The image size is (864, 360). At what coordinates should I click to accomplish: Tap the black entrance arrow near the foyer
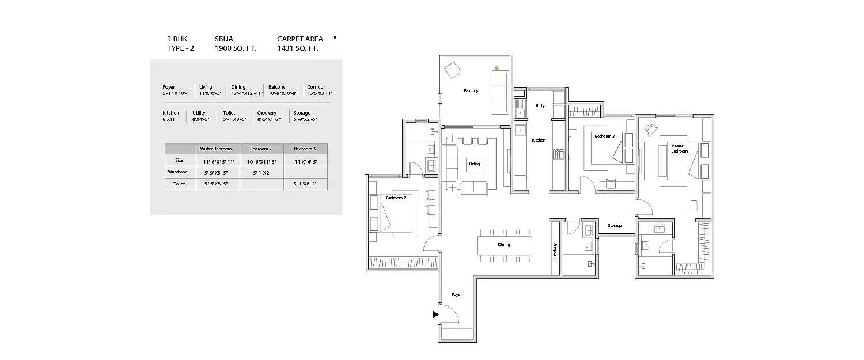coord(436,314)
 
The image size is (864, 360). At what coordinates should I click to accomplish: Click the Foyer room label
coord(457,295)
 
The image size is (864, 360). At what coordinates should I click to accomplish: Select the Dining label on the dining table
coord(504,245)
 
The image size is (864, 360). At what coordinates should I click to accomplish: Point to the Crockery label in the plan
coord(555,251)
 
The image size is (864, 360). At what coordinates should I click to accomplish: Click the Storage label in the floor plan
coord(615,226)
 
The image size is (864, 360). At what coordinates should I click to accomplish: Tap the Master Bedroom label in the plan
coord(679,149)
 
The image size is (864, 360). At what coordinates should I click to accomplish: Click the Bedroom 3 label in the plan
coord(604,137)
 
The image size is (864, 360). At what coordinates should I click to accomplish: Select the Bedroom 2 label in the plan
coord(396,198)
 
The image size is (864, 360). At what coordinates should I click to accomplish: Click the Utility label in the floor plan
coord(539,106)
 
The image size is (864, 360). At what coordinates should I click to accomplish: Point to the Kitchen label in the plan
coord(539,140)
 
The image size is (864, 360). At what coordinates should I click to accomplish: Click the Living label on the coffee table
coord(474,164)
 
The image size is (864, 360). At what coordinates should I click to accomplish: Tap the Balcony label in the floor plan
coord(471,91)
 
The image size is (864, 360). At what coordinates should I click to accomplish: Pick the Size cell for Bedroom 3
coord(305,161)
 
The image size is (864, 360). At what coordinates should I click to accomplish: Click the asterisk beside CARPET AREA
coord(335,39)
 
